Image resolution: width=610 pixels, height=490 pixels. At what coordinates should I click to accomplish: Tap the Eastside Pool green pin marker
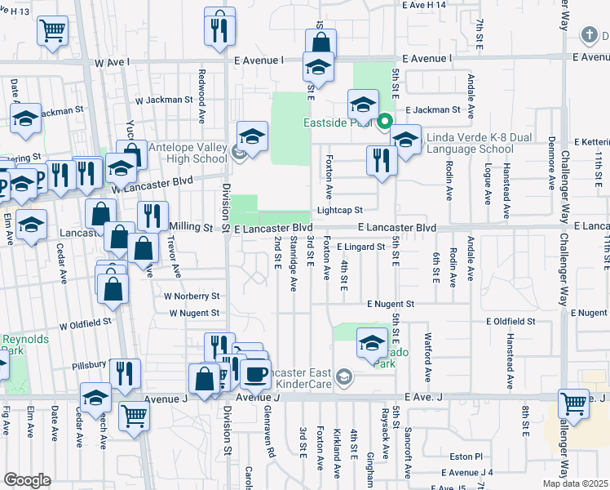385,123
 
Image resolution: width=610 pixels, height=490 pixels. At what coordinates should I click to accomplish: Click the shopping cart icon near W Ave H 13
52,31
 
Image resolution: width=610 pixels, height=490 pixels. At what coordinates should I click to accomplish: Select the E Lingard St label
360,246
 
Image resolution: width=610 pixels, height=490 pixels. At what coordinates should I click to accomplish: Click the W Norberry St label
192,296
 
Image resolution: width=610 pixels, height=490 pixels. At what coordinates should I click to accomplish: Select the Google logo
27,480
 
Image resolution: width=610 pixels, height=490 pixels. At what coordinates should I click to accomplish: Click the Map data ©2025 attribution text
575,483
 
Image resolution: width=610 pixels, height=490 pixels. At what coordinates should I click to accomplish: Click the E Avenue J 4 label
467,472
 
